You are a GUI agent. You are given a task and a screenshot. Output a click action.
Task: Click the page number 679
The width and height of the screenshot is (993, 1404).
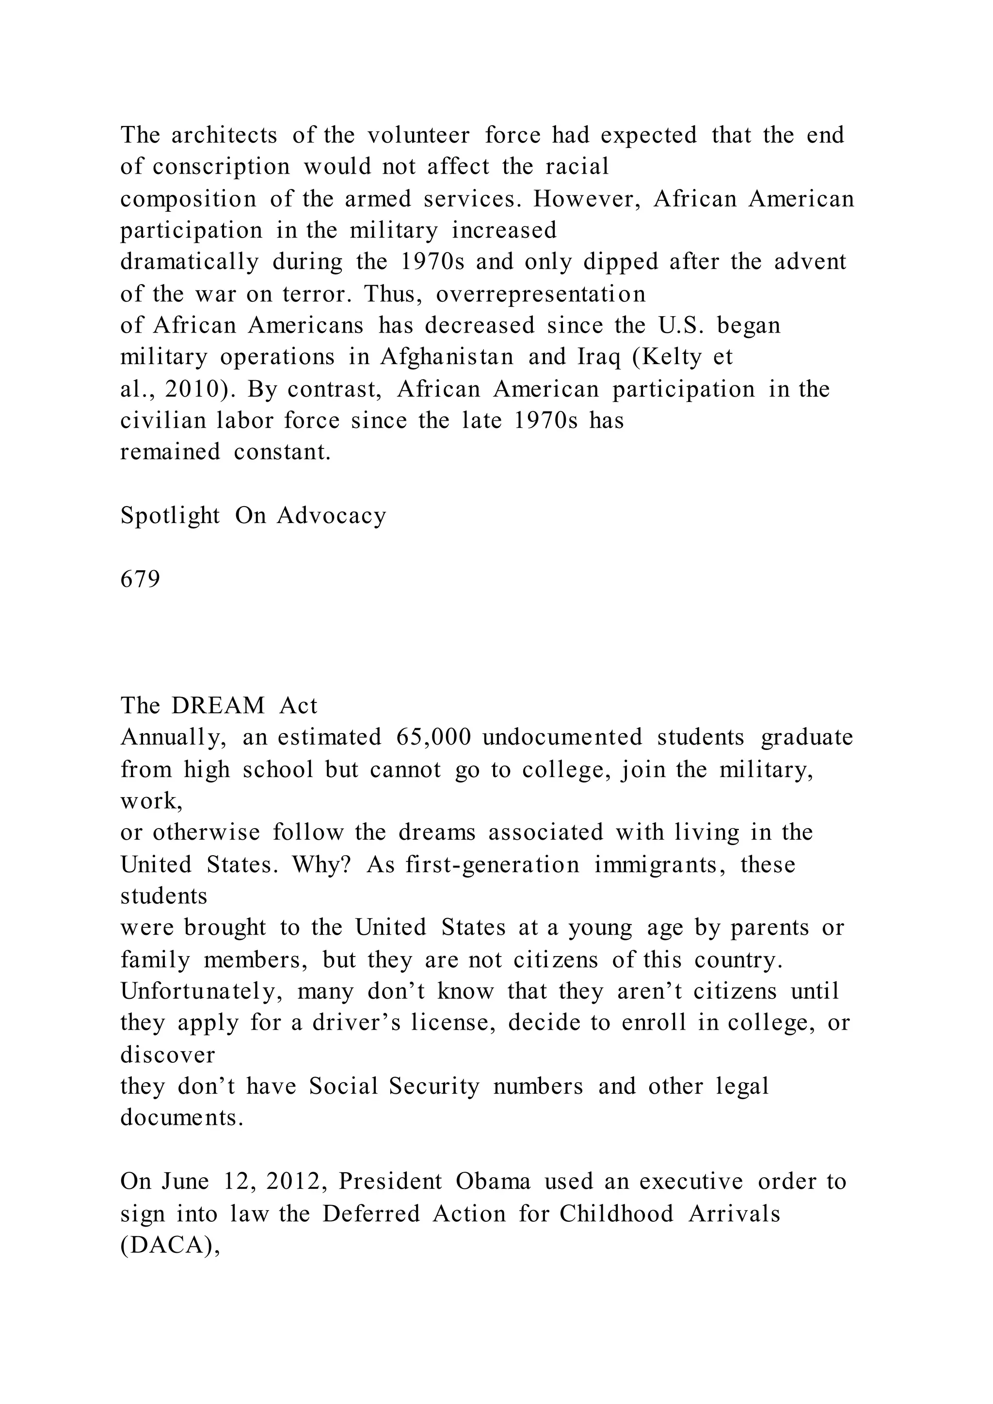140,578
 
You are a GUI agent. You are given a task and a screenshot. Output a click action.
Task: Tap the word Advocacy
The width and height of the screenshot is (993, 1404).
332,515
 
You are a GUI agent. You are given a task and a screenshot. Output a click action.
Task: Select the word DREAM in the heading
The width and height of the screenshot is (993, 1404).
218,706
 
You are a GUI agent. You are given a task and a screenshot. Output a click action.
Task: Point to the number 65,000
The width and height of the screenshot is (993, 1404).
433,737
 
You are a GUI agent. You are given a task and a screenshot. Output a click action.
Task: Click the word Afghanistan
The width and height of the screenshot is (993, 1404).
447,357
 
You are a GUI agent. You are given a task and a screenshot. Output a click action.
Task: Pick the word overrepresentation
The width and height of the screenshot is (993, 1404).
541,294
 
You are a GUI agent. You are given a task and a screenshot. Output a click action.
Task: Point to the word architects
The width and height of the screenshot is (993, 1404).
224,135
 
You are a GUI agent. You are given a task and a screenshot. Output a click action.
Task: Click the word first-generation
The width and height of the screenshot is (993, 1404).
492,865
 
